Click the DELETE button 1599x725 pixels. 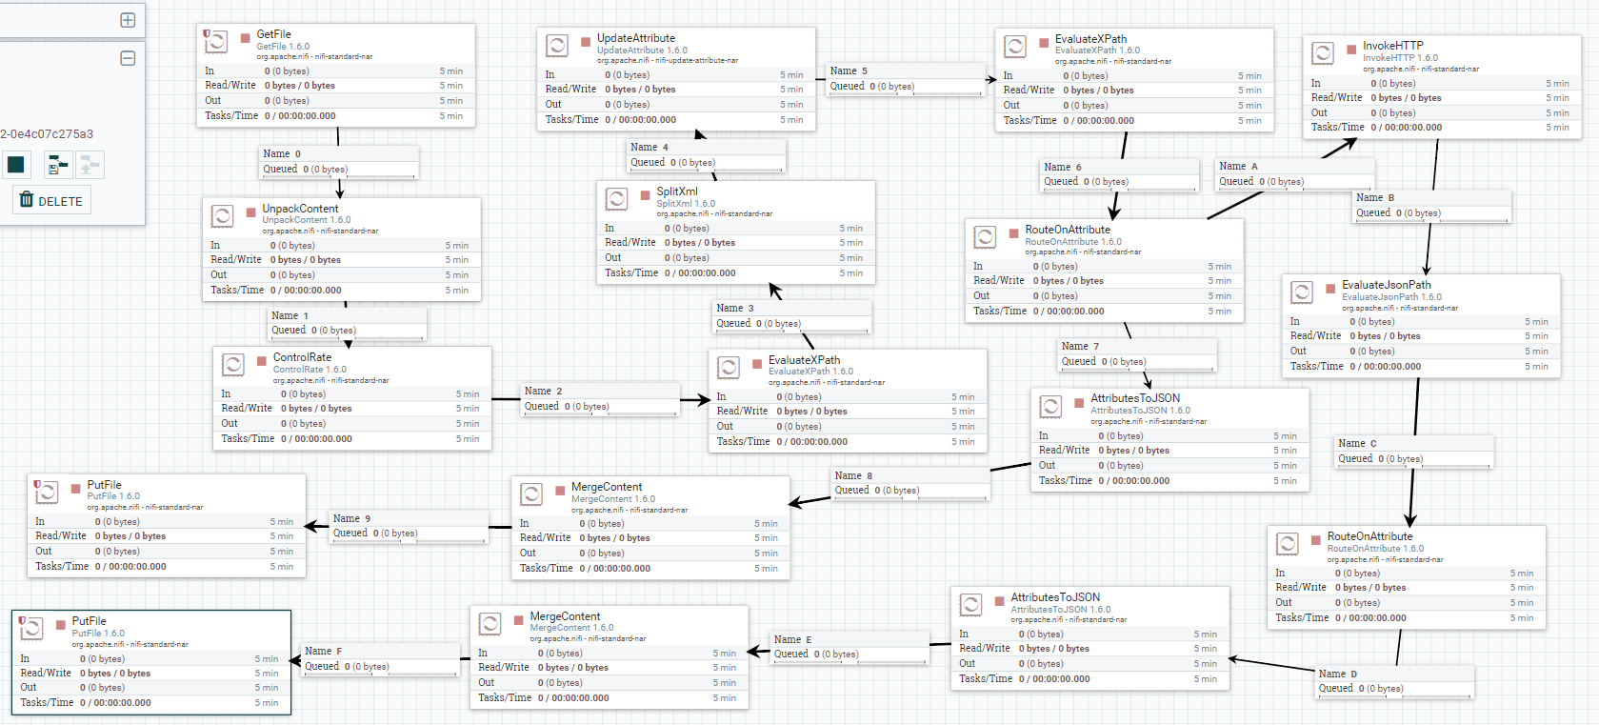pos(51,201)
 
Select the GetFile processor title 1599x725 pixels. pos(274,34)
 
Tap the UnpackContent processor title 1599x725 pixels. pos(300,209)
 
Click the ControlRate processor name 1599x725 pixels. pos(302,357)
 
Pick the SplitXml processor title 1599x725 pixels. pos(677,191)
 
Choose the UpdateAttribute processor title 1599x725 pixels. pos(636,38)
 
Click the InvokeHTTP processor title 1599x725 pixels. pos(1392,46)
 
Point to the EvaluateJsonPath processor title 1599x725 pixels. pos(1386,285)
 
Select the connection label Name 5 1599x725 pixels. pos(849,71)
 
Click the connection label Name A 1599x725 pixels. pos(1238,167)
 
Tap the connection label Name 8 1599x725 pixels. pos(853,476)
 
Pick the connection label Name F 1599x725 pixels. pos(323,652)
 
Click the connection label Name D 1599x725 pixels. pos(1338,675)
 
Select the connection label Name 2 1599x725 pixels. pos(543,392)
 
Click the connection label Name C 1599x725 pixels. pos(1357,444)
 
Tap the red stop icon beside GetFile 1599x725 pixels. pos(245,38)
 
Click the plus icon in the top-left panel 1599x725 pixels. pos(128,20)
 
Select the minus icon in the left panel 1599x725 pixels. pos(128,58)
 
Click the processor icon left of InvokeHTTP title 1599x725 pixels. pos(1323,53)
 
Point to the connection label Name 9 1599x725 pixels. pos(351,519)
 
